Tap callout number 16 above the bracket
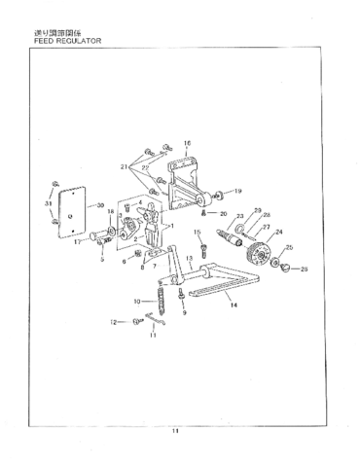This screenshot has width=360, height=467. point(188,143)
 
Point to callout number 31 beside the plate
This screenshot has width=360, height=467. point(48,203)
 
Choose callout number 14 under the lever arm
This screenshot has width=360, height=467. point(234,305)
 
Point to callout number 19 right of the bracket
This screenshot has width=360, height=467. point(238,191)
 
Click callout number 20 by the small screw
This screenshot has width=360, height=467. point(223,212)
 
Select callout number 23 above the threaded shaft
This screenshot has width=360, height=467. point(239,216)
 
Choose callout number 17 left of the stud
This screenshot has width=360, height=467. point(77,242)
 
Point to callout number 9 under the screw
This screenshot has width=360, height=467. point(184,314)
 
